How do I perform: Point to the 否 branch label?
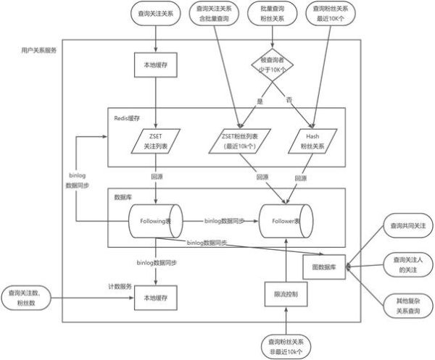(288, 98)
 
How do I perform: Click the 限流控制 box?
(287, 295)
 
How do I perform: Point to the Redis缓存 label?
(125, 117)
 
